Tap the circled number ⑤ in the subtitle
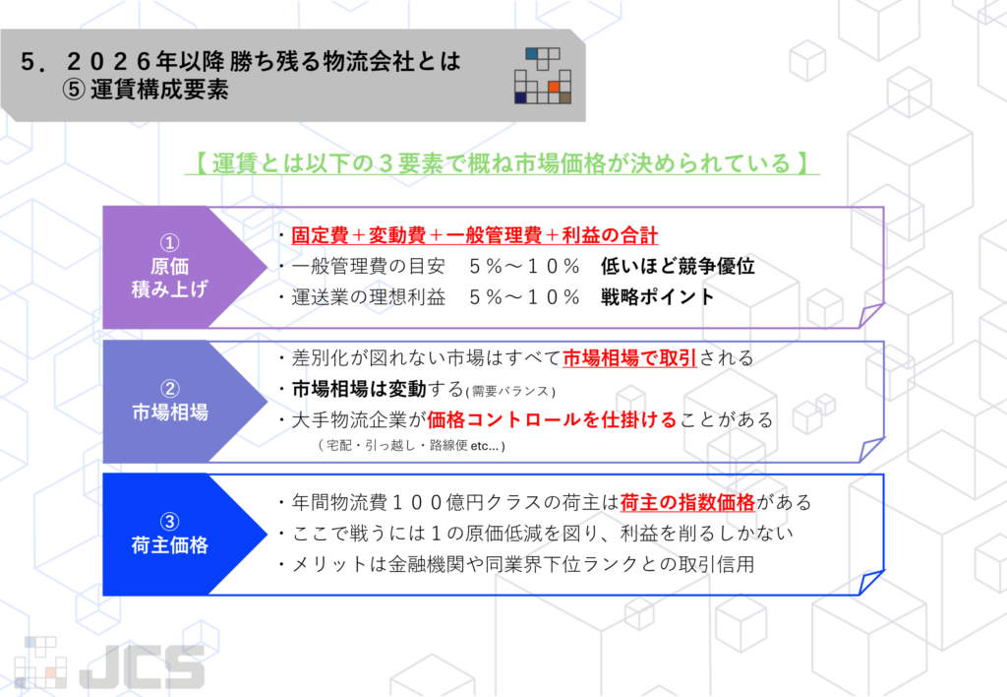[73, 90]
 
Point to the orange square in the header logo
[554, 87]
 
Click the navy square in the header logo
[520, 97]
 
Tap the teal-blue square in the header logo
[531, 53]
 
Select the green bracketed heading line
[502, 162]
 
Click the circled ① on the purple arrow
[170, 241]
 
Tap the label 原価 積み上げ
[170, 278]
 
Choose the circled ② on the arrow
[170, 388]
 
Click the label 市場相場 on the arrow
[170, 412]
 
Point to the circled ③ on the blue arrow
[170, 521]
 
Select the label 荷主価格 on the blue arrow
[170, 545]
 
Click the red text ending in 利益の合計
[475, 235]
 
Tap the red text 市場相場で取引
[629, 358]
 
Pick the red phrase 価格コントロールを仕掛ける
[552, 419]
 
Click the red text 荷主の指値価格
[687, 501]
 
